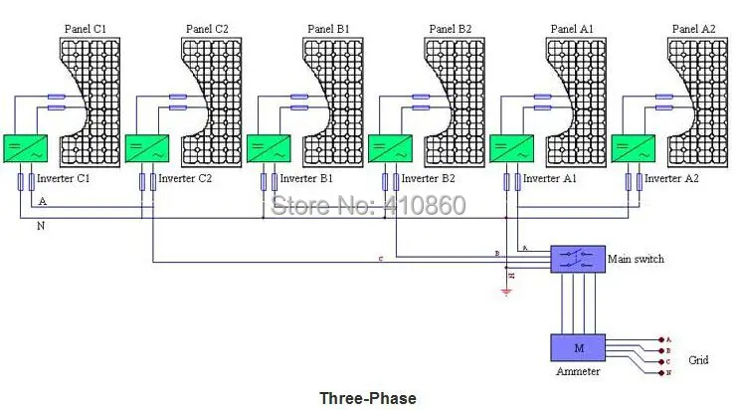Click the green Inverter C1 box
click(20, 149)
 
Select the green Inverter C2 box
click(151, 149)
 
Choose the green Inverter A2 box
click(632, 149)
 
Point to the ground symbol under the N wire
click(506, 292)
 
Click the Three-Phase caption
click(367, 398)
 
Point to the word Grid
click(698, 360)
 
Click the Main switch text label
click(636, 260)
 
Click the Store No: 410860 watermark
click(368, 206)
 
